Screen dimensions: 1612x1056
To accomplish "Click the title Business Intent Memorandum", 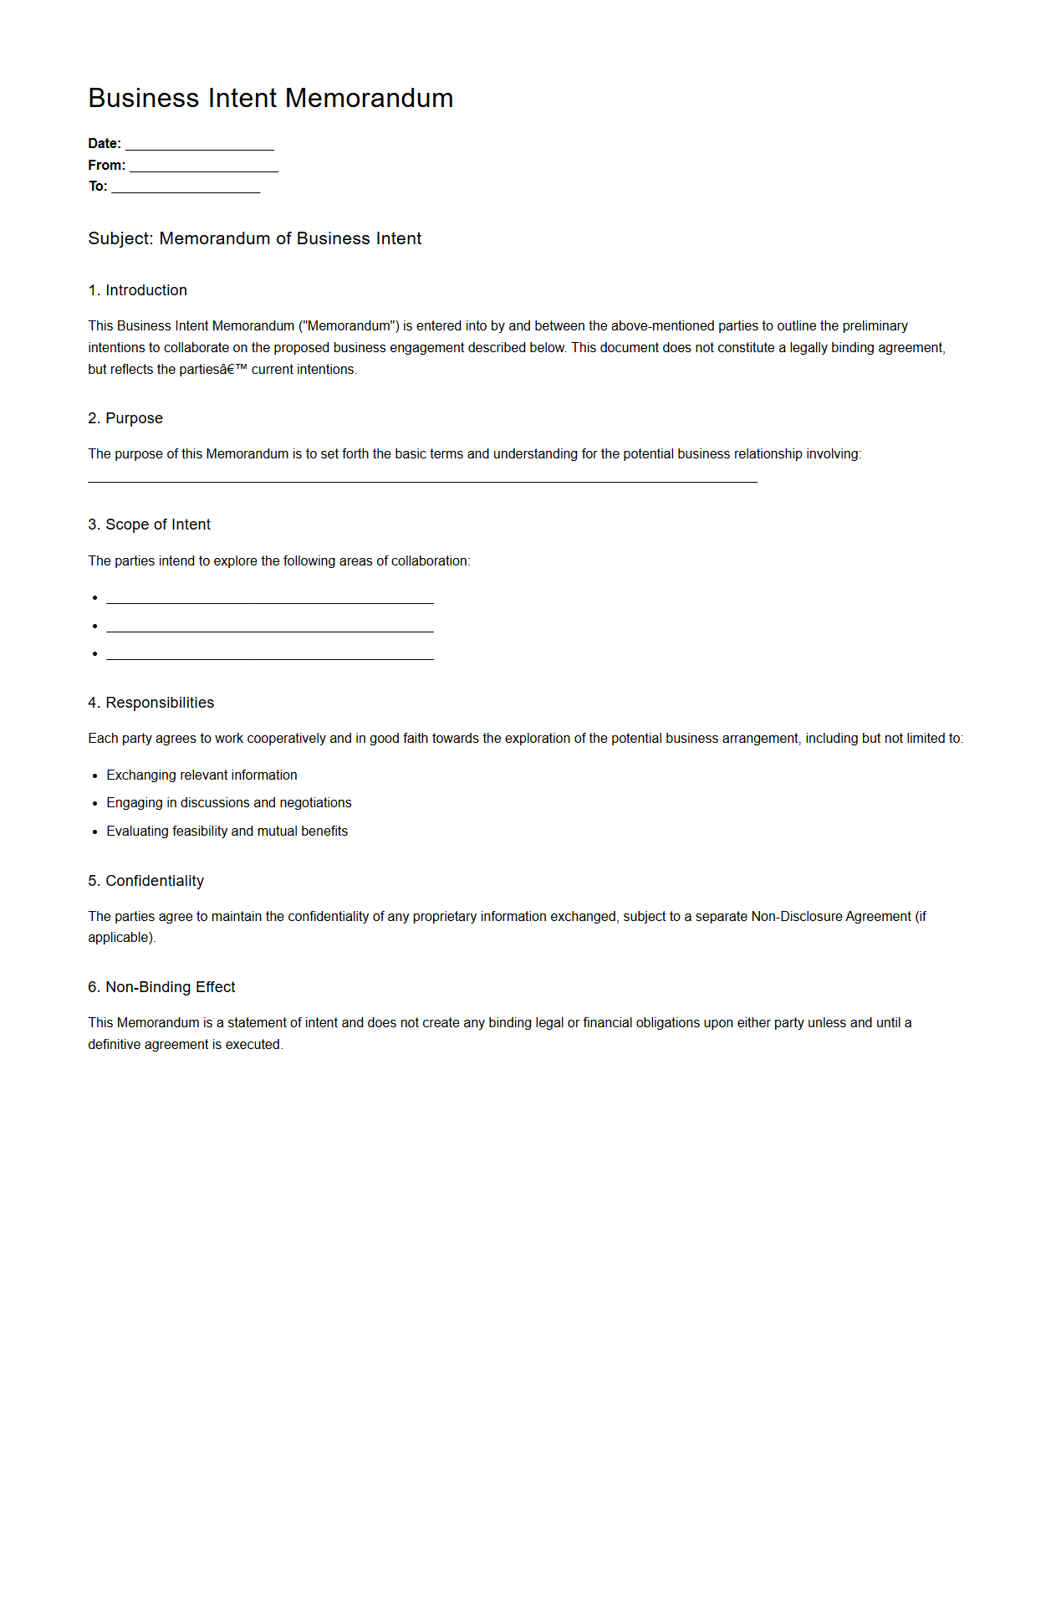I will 270,98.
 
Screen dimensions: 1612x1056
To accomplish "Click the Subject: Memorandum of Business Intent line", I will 254,238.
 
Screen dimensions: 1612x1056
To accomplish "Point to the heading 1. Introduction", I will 137,290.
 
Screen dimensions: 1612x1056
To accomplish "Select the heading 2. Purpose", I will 125,418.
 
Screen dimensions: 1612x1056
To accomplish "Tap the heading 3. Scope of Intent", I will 149,525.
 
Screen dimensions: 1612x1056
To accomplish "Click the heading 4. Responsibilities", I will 150,703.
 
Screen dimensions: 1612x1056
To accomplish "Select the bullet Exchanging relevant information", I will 202,775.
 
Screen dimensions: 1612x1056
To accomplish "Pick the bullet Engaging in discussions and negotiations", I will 228,803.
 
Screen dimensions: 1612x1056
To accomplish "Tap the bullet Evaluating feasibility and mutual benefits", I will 227,832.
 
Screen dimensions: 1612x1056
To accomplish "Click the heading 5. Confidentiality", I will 145,881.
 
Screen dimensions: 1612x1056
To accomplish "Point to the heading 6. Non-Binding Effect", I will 161,987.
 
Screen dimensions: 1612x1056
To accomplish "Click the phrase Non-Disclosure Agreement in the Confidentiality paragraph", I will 830,917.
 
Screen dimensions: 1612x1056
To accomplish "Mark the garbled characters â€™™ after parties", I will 233,370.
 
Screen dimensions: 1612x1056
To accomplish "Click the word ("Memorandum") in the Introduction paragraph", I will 349,326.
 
